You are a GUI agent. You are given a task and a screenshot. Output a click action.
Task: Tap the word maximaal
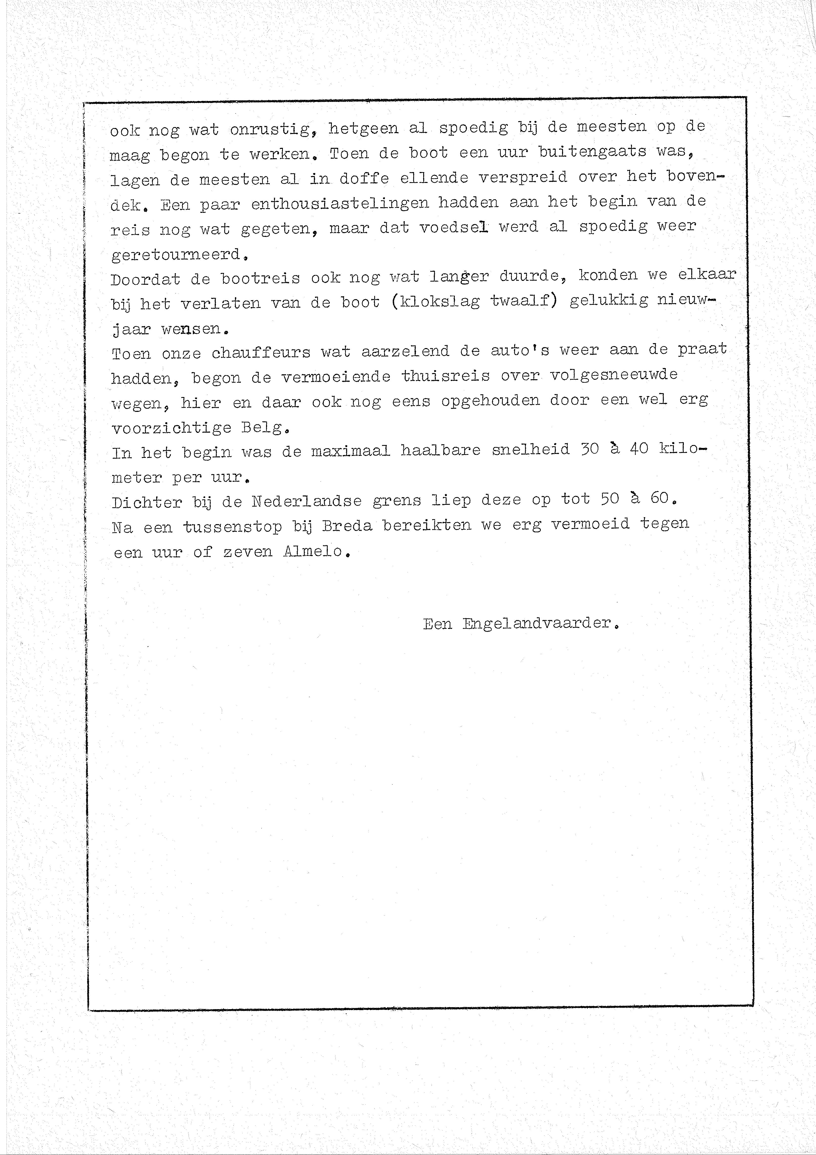(x=350, y=451)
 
